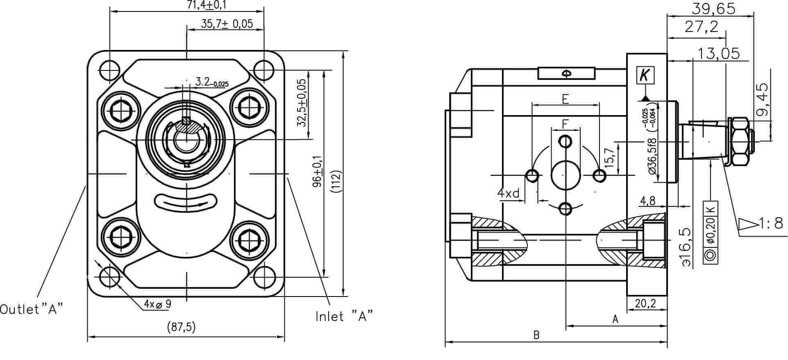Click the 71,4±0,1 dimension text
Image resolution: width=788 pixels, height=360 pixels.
212,5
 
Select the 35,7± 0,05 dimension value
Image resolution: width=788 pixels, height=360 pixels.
227,24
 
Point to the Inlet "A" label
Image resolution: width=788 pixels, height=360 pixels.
344,316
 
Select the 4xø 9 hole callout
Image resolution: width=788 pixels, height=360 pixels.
157,304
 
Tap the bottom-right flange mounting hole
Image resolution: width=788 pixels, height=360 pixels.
263,277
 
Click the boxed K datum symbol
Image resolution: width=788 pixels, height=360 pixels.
645,75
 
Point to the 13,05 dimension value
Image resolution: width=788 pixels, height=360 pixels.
719,53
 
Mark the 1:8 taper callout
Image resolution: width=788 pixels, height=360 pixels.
762,223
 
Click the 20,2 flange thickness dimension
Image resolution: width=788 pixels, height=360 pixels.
645,303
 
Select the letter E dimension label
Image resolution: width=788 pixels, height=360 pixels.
565,99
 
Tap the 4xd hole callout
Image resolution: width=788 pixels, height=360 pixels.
509,192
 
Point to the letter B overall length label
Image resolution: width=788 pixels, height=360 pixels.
536,335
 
